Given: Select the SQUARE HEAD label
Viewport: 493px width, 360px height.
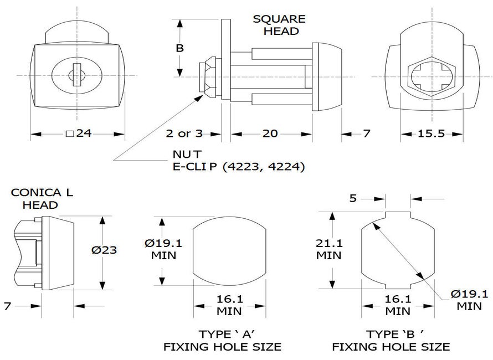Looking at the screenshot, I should [x=279, y=24].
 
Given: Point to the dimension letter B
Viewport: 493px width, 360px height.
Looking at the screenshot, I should [x=179, y=48].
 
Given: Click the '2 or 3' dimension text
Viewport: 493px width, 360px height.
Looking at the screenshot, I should [x=184, y=133].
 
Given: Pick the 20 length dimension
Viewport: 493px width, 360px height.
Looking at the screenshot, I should [x=271, y=133].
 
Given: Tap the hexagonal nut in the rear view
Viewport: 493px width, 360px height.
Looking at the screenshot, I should [x=431, y=75].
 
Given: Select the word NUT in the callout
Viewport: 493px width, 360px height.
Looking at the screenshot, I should [x=184, y=153].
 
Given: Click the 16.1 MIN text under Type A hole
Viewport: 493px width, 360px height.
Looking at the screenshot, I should [x=229, y=305].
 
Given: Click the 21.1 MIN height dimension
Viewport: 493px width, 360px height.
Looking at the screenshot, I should [x=329, y=249].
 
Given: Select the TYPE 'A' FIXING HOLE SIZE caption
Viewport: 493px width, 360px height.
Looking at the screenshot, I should [x=222, y=341].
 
